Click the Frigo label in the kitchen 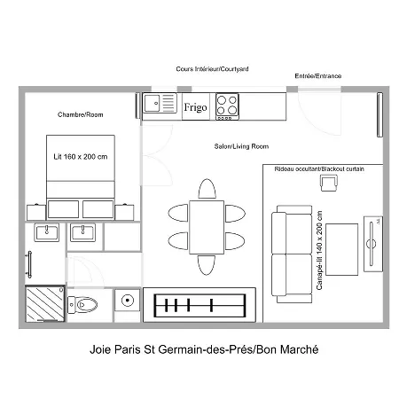click(x=195, y=107)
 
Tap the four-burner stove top click(x=227, y=106)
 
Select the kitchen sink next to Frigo click(x=160, y=103)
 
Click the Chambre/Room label click(x=81, y=114)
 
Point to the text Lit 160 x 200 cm click(x=81, y=157)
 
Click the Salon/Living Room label click(x=241, y=146)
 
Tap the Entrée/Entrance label click(x=318, y=76)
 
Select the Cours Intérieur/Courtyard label click(x=212, y=69)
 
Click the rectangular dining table click(x=207, y=227)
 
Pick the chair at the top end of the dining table click(x=207, y=189)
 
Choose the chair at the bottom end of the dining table click(x=207, y=265)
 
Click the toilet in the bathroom click(x=82, y=304)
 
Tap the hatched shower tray click(x=45, y=303)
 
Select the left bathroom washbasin click(x=47, y=232)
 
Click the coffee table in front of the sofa click(x=341, y=249)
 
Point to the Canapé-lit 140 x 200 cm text click(x=319, y=250)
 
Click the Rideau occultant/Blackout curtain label click(x=319, y=169)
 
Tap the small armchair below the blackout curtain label click(x=329, y=183)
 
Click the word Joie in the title click(x=100, y=349)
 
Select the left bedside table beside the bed click(x=36, y=212)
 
